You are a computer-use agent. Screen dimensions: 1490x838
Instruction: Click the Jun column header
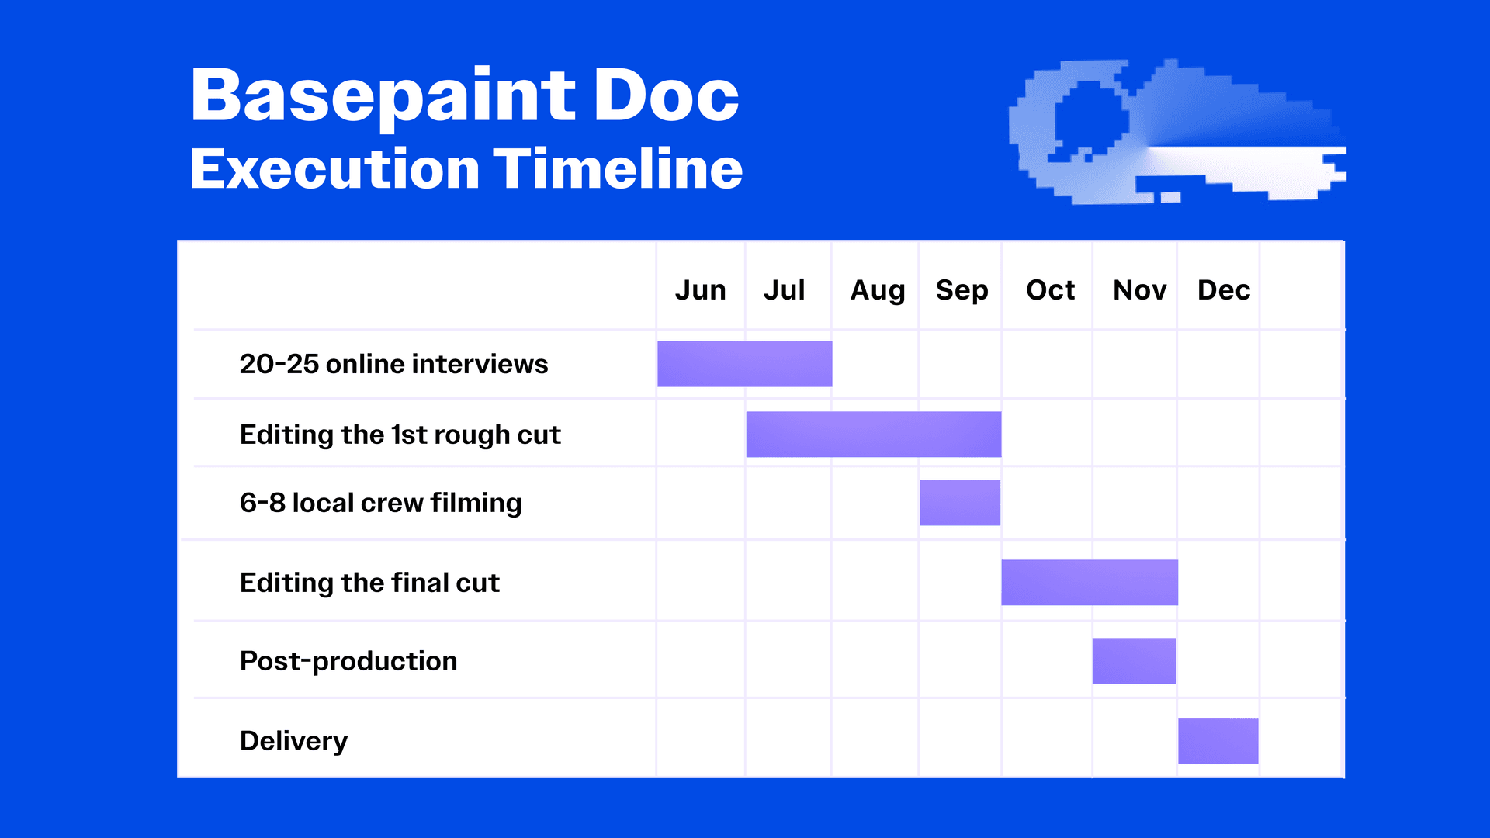click(x=700, y=290)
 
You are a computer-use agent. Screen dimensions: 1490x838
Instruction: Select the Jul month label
click(x=784, y=290)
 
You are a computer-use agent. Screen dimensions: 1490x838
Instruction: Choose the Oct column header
click(x=1050, y=290)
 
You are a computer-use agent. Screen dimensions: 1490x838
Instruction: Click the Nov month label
click(x=1139, y=290)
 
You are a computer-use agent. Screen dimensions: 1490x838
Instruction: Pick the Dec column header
click(x=1224, y=290)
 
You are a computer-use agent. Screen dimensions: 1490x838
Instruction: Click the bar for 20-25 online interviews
click(x=745, y=364)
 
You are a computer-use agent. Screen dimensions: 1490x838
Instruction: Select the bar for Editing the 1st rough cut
click(x=874, y=435)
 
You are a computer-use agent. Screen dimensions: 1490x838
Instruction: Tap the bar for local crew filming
click(x=960, y=503)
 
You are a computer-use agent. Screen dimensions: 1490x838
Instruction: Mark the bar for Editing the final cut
click(x=1090, y=583)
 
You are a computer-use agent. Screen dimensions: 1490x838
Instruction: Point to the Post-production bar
click(x=1134, y=661)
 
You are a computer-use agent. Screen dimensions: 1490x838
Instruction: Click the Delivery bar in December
click(x=1218, y=741)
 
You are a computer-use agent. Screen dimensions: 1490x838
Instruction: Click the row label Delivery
click(x=294, y=742)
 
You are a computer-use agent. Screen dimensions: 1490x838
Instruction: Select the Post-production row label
click(x=348, y=662)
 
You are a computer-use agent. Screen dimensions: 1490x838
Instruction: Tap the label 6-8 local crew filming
click(x=381, y=504)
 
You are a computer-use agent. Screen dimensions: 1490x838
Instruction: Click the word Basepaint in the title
click(x=383, y=98)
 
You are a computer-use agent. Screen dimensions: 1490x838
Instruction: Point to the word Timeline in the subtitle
click(x=618, y=168)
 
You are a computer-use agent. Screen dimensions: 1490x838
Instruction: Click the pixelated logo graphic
click(x=1177, y=131)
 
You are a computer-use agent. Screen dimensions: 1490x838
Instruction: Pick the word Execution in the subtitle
click(x=335, y=168)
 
